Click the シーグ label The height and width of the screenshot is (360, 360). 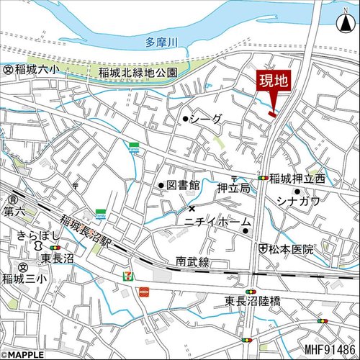click(x=207, y=120)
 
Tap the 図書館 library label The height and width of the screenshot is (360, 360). click(x=183, y=185)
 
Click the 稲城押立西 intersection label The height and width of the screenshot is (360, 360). click(x=297, y=178)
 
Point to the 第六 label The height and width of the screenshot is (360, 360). click(x=14, y=212)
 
